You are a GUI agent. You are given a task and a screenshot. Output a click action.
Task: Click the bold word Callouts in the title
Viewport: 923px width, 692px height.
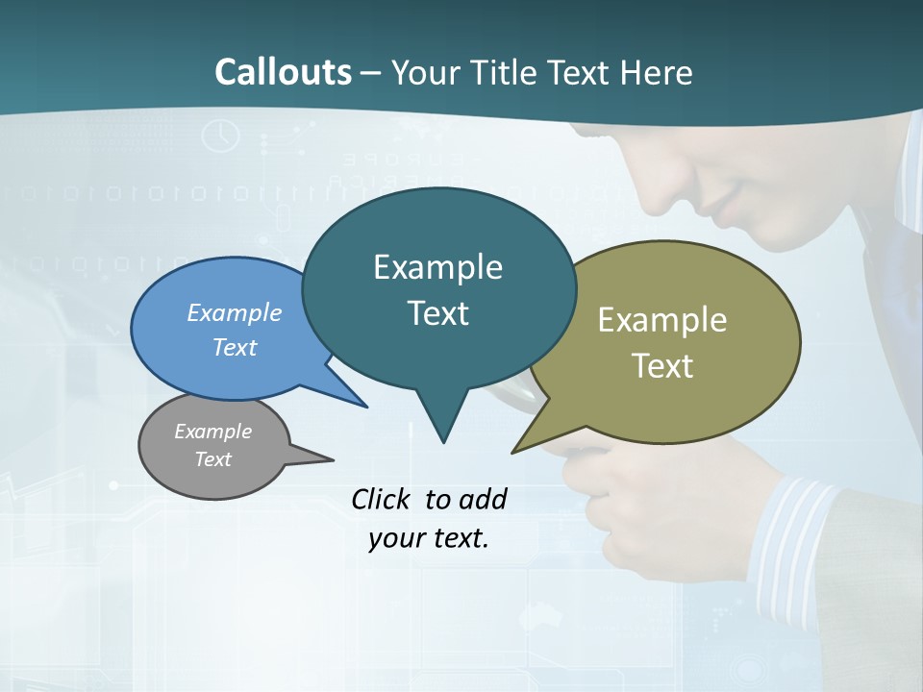[283, 72]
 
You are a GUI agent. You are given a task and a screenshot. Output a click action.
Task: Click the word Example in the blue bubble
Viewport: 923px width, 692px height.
[234, 312]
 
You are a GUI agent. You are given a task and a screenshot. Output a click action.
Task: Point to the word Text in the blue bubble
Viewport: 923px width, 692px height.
[234, 347]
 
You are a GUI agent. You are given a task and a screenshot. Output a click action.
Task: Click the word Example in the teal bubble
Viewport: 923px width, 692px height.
[437, 267]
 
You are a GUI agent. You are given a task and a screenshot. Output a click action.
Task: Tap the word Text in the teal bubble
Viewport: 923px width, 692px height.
[437, 313]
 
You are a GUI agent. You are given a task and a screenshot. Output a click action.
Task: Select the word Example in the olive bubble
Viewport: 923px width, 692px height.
[662, 320]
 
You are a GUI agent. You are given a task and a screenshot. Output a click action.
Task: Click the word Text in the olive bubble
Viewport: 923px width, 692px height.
[662, 366]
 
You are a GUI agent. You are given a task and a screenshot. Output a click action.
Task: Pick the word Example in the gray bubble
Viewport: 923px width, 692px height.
[212, 432]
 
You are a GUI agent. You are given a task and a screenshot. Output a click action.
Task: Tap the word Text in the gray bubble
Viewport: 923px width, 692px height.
[212, 459]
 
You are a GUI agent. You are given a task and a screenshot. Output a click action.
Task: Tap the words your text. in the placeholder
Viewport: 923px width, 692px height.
[429, 538]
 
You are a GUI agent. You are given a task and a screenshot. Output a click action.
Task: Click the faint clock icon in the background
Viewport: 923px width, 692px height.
[221, 135]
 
